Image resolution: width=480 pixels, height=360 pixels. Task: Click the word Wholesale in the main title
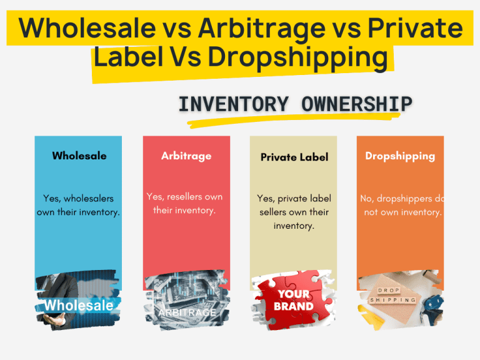point(87,28)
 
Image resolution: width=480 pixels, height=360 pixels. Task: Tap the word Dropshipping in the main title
point(298,57)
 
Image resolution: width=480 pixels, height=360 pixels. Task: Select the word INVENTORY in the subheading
point(234,104)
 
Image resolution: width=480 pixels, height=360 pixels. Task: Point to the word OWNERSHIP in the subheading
point(357,104)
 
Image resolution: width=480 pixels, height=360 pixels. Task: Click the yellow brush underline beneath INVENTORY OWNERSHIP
point(294,121)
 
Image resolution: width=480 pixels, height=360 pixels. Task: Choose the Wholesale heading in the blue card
point(79,156)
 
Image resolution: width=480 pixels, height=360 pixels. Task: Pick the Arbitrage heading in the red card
point(186,156)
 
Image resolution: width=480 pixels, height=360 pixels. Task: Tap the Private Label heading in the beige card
point(294,157)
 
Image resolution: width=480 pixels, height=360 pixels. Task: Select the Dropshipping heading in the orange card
point(400,156)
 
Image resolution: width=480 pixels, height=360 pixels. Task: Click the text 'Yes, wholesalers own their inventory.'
point(78,206)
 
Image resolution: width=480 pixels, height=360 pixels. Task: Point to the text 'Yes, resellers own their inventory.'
point(184,204)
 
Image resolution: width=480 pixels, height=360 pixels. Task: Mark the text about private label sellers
point(294,212)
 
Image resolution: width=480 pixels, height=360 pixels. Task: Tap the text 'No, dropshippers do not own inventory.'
point(402,206)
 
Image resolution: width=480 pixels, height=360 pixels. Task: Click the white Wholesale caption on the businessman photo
point(78,306)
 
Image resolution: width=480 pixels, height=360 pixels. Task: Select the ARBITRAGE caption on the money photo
point(187,312)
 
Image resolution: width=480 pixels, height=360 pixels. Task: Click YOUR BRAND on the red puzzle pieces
point(294,300)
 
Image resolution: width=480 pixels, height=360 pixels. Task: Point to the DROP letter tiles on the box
point(389,290)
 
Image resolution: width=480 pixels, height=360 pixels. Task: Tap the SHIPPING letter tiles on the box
point(392,300)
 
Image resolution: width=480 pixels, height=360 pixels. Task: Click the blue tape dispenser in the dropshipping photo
point(432,309)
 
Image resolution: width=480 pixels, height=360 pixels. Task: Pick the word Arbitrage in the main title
point(262,29)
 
